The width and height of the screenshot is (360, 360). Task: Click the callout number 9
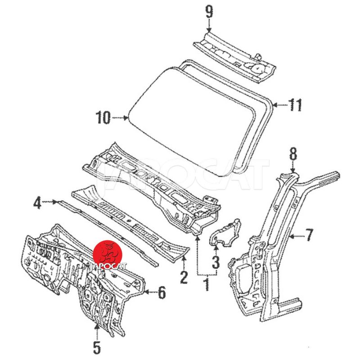pos(209,11)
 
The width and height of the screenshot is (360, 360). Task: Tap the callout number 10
pos(103,118)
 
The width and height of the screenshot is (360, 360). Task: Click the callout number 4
pos(37,203)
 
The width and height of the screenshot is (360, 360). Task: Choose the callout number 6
pos(161,293)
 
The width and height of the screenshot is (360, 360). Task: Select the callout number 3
pos(216,260)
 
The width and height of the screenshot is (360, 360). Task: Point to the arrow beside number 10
pos(120,118)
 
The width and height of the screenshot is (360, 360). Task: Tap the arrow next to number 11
pos(280,105)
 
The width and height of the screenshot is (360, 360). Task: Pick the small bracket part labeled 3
pos(225,232)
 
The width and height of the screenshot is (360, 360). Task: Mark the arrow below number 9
pos(209,27)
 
